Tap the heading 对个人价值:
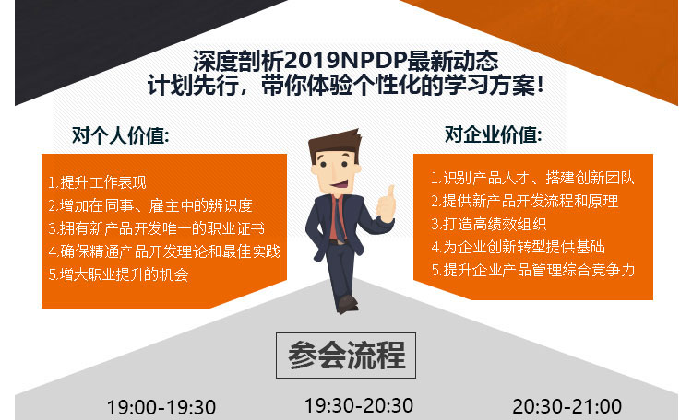coord(121,135)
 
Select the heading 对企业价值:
coord(493,134)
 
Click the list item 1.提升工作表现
coord(97,182)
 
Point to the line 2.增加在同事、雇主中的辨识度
coord(150,205)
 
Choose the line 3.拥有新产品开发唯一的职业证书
coord(157,228)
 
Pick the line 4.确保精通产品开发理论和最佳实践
coord(164,251)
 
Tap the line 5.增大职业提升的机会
coord(118,274)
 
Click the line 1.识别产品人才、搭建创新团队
coord(532,178)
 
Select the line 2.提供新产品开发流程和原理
coord(525,201)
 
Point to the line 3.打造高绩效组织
coord(488,224)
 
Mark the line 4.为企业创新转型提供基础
coord(519,247)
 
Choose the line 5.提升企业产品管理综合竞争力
coord(533,270)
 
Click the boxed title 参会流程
coord(346,356)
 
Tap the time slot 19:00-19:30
coord(161,407)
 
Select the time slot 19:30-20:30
coord(359,405)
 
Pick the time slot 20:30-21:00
coord(567,406)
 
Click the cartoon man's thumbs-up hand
coord(387,205)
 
